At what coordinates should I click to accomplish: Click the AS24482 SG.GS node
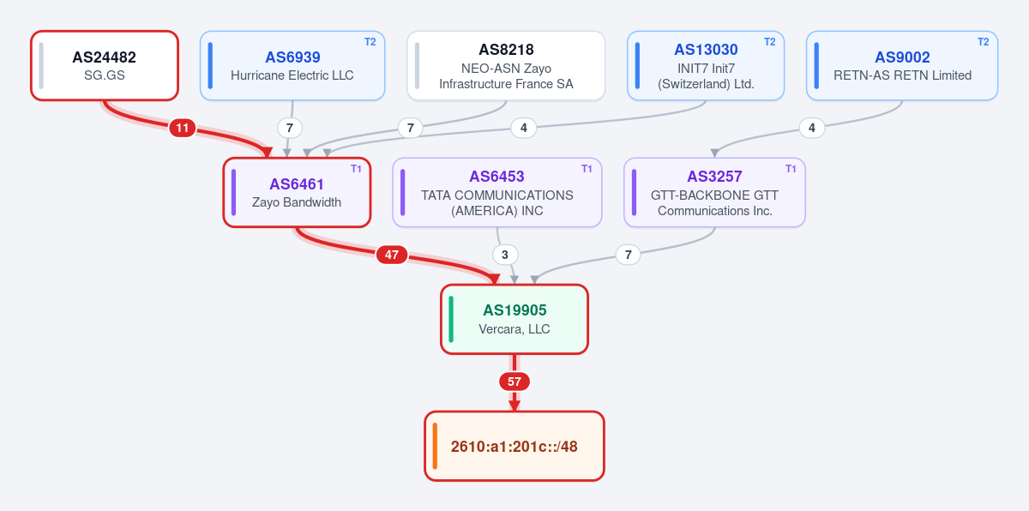(105, 66)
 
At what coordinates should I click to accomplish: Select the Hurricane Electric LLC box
(292, 66)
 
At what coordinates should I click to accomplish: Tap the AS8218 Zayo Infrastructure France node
(506, 66)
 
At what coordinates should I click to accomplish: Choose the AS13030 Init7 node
(706, 66)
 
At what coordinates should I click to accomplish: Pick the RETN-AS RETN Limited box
(902, 66)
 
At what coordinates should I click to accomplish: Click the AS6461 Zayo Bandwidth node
(297, 192)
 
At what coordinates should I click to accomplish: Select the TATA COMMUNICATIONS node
(497, 192)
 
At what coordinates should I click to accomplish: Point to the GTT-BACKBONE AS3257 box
(714, 192)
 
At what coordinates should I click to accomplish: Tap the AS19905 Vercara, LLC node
(514, 319)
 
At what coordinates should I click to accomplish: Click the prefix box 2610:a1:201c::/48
(514, 446)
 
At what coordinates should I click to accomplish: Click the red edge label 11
(183, 128)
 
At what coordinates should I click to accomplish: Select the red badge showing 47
(392, 255)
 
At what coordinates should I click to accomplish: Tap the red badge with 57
(514, 382)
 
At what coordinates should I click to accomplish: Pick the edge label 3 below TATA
(505, 255)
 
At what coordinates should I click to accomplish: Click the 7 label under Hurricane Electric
(290, 128)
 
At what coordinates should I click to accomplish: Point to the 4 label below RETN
(812, 128)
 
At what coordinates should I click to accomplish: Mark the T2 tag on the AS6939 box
(370, 42)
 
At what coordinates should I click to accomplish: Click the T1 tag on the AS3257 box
(791, 169)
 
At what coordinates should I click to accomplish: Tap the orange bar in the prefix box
(435, 446)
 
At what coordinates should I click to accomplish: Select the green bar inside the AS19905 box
(451, 319)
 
